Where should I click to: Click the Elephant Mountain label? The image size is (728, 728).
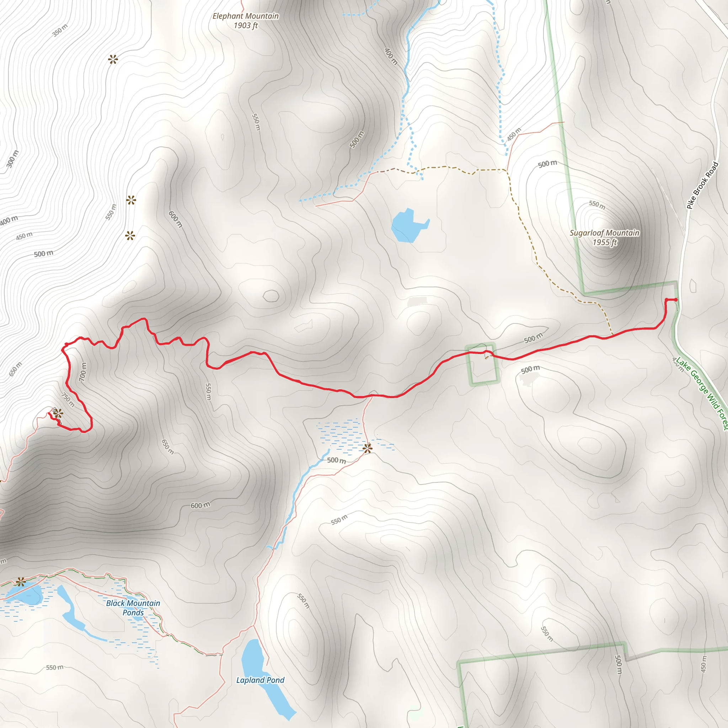[246, 16]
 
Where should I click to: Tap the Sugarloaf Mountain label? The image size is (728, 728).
[604, 233]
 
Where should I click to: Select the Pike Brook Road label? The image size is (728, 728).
[702, 186]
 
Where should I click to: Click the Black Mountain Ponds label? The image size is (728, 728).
[133, 608]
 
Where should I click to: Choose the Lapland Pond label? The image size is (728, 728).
[260, 680]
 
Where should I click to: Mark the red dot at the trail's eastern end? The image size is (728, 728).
[676, 300]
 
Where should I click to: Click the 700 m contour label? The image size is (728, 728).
[83, 371]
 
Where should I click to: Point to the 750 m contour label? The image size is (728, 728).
[68, 400]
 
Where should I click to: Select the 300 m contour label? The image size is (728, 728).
[12, 159]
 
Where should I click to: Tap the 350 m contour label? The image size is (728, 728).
[60, 30]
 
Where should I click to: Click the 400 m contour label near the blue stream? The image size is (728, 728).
[391, 56]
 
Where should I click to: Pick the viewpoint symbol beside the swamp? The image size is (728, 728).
[368, 448]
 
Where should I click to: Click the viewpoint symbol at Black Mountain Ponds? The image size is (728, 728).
[21, 582]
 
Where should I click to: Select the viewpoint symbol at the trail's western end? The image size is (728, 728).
[58, 413]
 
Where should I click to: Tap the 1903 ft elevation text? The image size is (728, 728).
[246, 26]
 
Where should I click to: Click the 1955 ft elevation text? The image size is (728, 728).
[604, 242]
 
